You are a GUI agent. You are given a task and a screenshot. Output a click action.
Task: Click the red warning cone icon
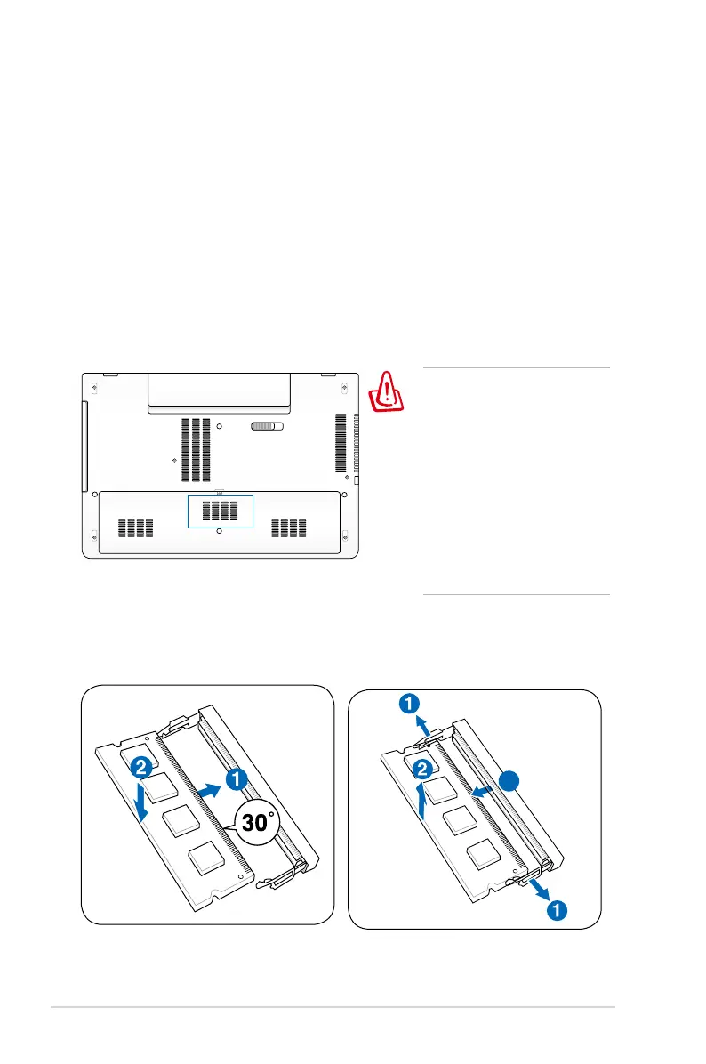tap(387, 393)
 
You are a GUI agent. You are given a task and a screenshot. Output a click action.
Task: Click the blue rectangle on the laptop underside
tap(221, 512)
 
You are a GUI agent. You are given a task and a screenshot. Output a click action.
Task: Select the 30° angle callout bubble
tap(255, 823)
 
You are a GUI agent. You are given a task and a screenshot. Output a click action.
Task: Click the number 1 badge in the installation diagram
tap(237, 780)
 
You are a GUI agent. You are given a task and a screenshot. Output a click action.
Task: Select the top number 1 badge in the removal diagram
tap(408, 705)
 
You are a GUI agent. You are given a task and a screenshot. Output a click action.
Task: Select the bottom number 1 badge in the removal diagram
tap(553, 910)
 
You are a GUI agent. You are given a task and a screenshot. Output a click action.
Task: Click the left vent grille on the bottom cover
tap(135, 528)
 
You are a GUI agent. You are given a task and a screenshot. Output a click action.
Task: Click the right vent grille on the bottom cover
tap(288, 528)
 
